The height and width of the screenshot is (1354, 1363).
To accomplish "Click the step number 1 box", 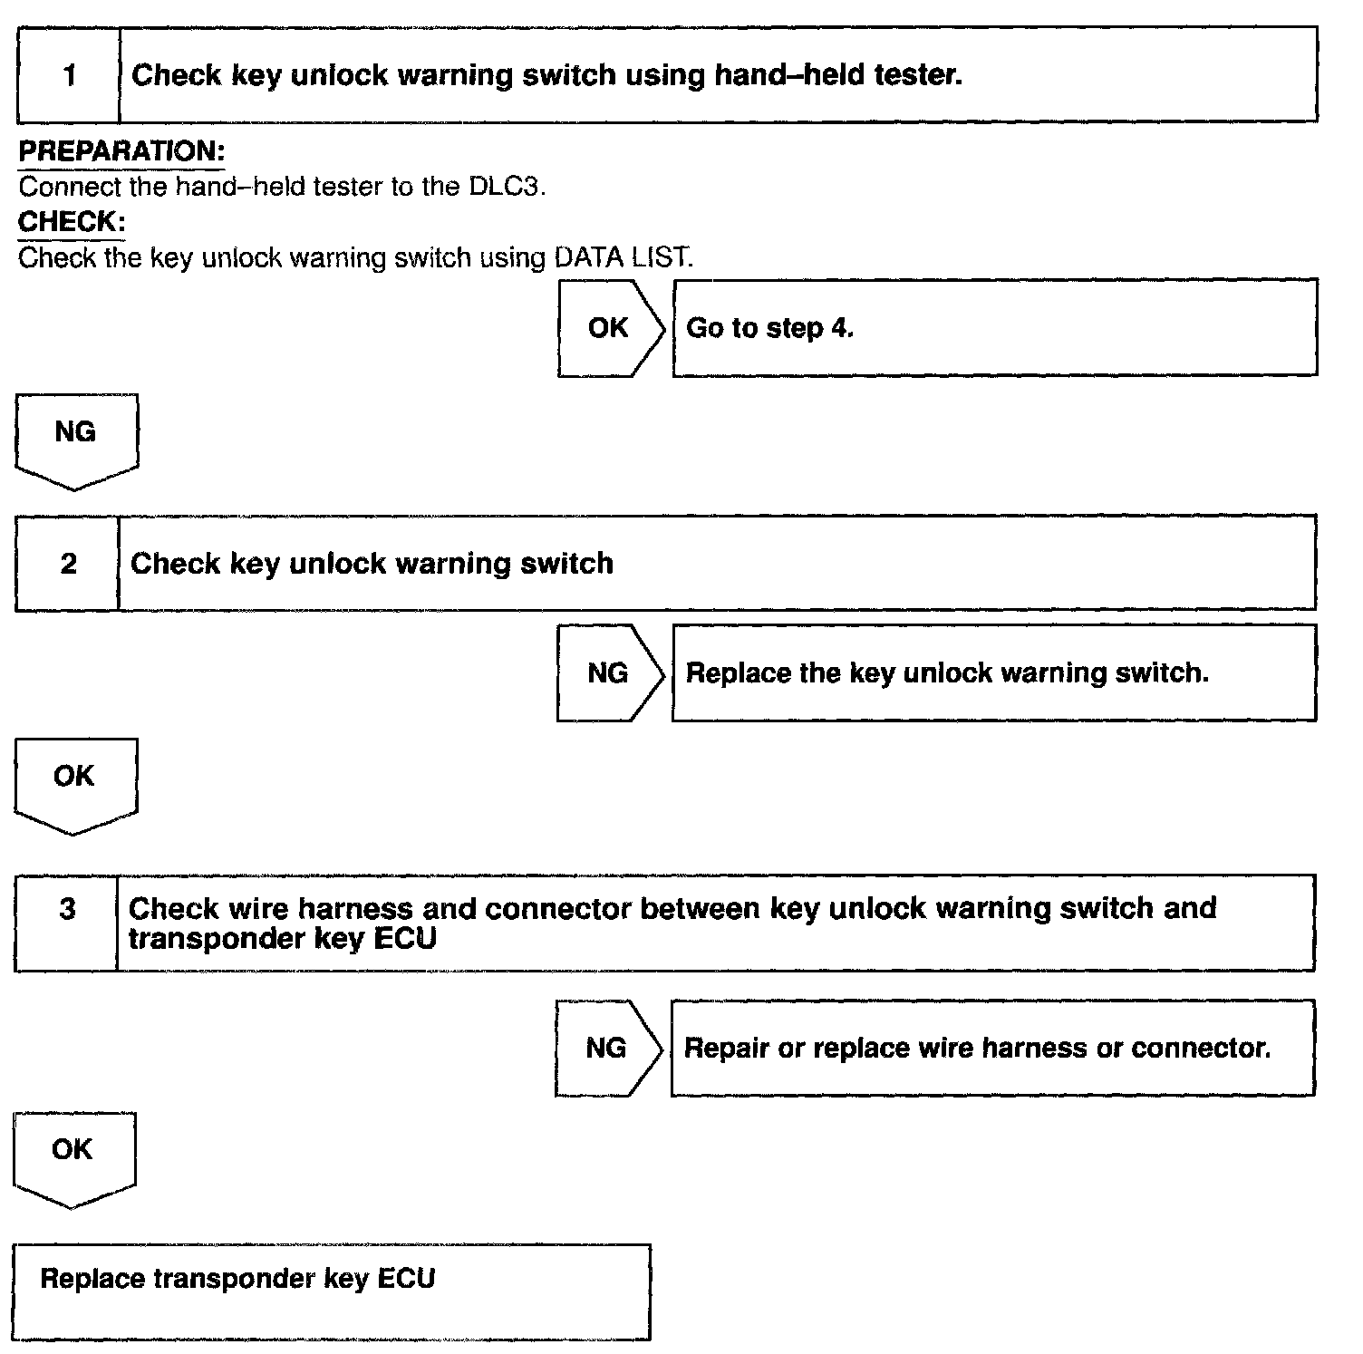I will coord(69,75).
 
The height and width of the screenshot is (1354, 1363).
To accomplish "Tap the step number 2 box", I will coord(68,564).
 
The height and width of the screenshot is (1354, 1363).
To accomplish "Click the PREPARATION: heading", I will coord(121,151).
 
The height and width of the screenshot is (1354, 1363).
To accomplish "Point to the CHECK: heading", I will coord(72,222).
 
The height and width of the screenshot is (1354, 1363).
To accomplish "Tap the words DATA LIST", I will coord(623,258).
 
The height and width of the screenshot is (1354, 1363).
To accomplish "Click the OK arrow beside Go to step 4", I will coord(609,328).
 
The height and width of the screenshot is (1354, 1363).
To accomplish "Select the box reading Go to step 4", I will coord(994,328).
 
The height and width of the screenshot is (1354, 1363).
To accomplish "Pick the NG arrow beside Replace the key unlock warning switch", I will coord(608,673).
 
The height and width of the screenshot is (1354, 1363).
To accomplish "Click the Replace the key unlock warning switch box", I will coord(993,673).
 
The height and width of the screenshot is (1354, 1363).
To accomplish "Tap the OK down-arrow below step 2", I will coord(74,780).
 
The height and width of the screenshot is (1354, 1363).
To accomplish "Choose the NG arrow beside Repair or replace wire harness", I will coord(607,1049).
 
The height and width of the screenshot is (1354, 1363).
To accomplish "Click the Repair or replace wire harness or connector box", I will coord(991,1049).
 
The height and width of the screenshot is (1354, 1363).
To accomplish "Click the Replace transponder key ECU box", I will coord(331,1291).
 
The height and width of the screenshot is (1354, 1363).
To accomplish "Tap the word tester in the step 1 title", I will coord(917,75).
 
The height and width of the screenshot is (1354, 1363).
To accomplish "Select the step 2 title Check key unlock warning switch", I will coord(372,564).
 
